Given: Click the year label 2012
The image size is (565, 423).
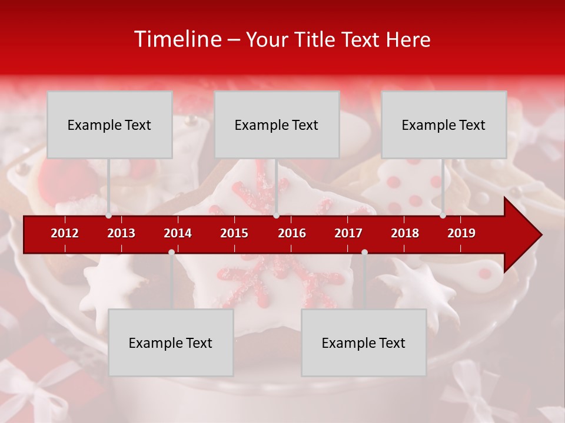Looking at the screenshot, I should click(65, 233).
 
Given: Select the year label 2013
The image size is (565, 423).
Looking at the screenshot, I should click(121, 233).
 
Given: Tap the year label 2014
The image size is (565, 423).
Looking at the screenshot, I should click(178, 233).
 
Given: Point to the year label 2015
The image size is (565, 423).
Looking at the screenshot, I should click(234, 233).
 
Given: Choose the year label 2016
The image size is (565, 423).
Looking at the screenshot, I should click(292, 233).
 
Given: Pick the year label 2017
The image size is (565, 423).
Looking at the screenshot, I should click(348, 233).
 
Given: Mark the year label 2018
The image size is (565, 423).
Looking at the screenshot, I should click(405, 233).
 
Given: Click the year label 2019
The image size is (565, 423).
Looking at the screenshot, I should click(461, 233).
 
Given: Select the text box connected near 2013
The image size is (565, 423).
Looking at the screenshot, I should click(109, 125).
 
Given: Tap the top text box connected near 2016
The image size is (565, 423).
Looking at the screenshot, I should click(277, 125).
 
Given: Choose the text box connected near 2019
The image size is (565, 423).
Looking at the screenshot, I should click(444, 125).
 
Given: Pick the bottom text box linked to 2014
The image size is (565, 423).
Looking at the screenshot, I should click(171, 343).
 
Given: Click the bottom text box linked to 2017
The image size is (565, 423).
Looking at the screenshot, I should click(364, 343).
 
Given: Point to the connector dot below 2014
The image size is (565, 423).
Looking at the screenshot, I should click(171, 252).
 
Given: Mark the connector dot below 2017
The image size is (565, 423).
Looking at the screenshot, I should click(364, 252).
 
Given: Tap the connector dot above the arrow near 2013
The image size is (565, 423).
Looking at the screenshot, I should click(109, 216).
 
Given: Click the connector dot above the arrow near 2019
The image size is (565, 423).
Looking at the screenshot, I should click(443, 216).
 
